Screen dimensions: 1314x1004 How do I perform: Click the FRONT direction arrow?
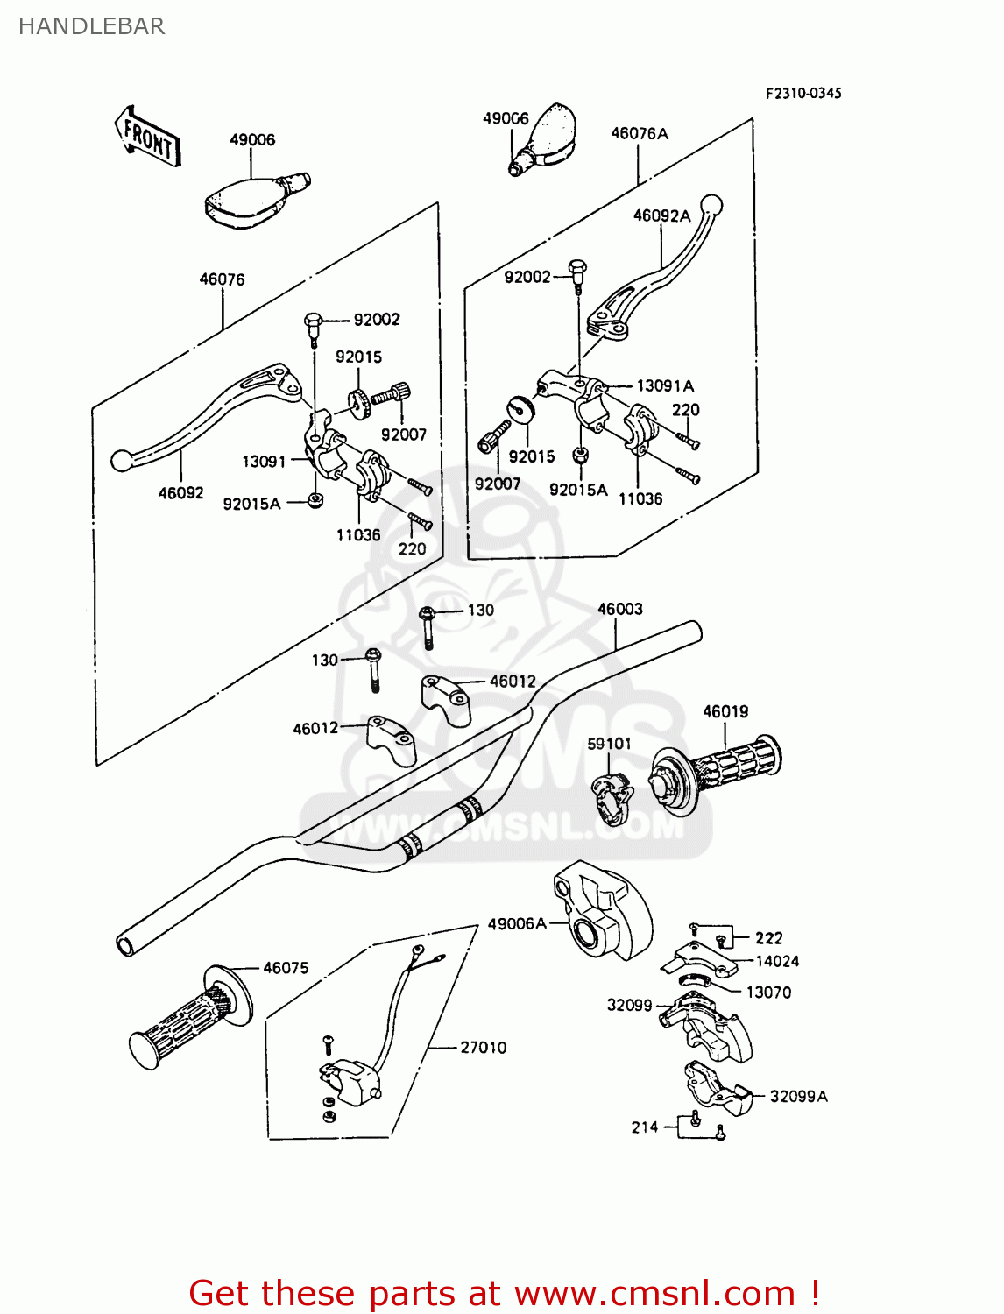click(147, 138)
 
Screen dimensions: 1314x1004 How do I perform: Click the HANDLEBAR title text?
click(91, 26)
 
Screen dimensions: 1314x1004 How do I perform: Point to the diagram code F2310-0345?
click(802, 94)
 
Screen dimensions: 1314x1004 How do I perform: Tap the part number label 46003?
click(619, 609)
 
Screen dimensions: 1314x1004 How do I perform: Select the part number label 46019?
click(725, 711)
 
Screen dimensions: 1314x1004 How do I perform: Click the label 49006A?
click(516, 923)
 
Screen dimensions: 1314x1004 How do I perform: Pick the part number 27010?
click(483, 1047)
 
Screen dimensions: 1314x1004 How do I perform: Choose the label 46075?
click(286, 968)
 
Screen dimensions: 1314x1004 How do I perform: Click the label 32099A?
click(797, 1096)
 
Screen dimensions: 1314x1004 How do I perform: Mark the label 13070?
click(767, 993)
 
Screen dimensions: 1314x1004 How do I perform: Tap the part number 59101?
click(609, 744)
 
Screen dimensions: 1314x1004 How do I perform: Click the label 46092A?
click(661, 215)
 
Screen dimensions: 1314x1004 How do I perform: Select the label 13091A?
click(664, 385)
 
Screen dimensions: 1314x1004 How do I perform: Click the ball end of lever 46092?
click(121, 460)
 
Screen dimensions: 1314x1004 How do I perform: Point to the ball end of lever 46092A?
click(712, 205)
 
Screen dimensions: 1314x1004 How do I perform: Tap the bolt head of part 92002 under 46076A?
click(577, 267)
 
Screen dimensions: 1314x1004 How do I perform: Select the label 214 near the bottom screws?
click(644, 1127)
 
